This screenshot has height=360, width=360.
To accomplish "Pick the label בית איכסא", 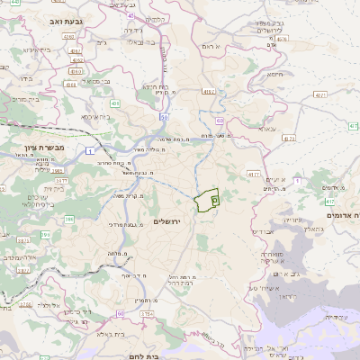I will point(97,116).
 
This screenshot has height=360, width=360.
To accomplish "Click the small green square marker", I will point(214,200).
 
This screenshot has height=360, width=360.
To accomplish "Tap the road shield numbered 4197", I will point(210,91).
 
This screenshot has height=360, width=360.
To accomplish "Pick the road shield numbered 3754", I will point(144,312).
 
